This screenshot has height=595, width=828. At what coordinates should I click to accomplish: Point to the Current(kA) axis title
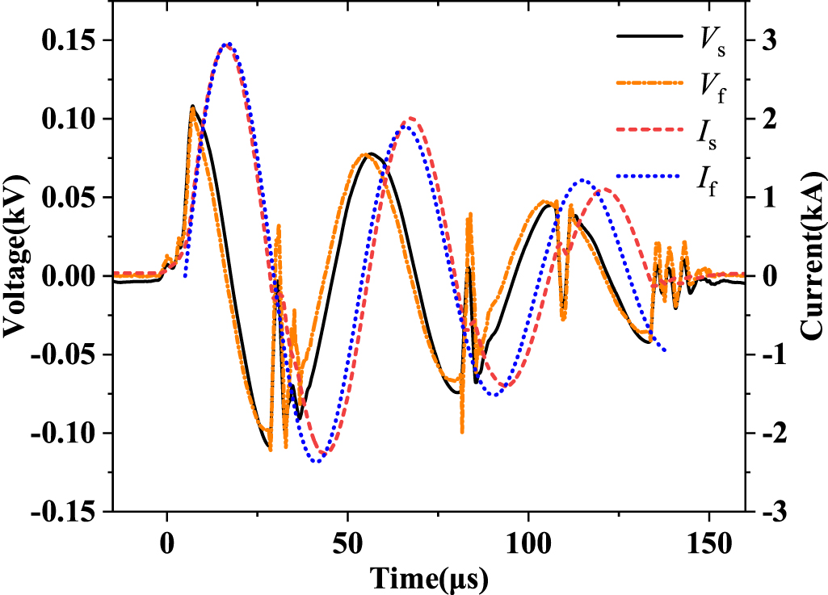[811, 254]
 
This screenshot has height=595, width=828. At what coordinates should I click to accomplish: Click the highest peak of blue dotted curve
[228, 44]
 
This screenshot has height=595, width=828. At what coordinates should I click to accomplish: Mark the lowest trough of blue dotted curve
[316, 460]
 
